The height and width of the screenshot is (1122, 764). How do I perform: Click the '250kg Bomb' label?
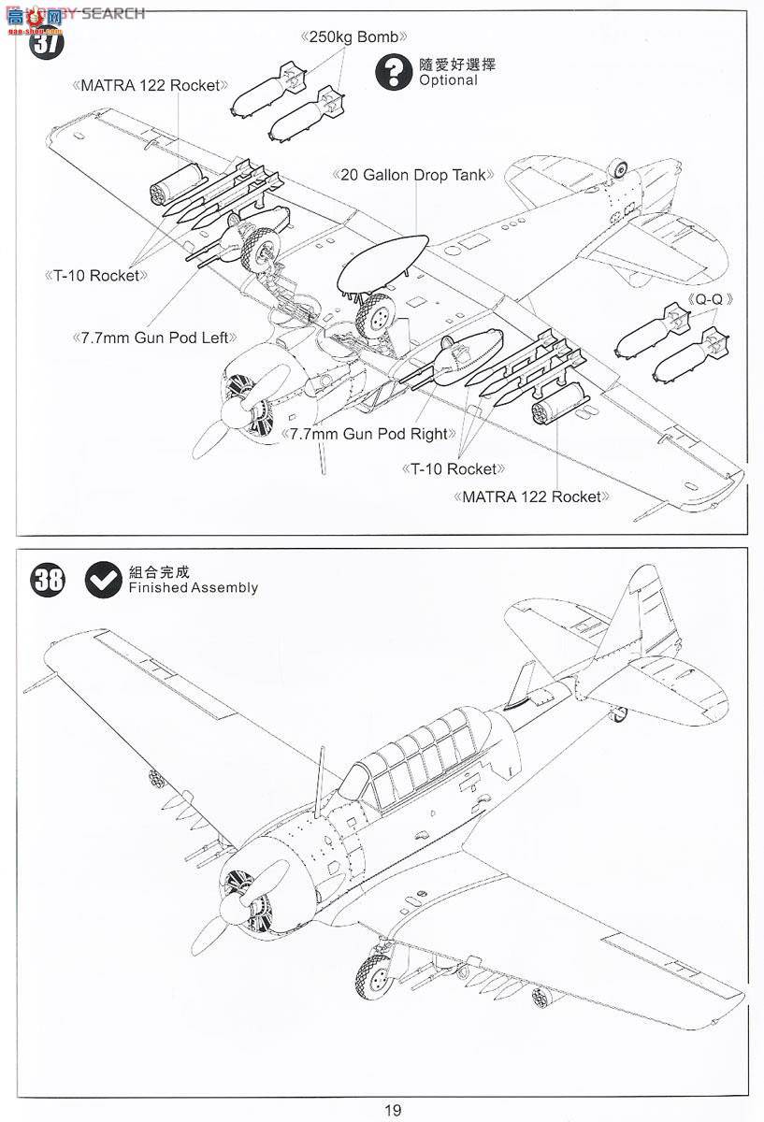(354, 37)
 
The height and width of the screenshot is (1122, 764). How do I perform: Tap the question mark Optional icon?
(394, 72)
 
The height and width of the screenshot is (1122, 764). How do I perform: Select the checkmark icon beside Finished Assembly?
(102, 580)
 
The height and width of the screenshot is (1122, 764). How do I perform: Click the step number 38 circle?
(49, 580)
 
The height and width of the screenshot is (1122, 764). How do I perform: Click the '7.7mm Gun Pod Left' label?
(153, 337)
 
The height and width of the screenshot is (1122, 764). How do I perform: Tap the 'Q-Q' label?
(710, 298)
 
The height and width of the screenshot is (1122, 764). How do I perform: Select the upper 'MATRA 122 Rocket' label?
(150, 85)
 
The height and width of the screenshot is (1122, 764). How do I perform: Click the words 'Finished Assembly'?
(194, 587)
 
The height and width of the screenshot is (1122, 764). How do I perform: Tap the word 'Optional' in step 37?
(448, 80)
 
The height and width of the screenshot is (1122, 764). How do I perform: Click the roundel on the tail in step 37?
(618, 169)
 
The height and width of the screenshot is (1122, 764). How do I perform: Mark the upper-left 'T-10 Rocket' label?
(96, 275)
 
